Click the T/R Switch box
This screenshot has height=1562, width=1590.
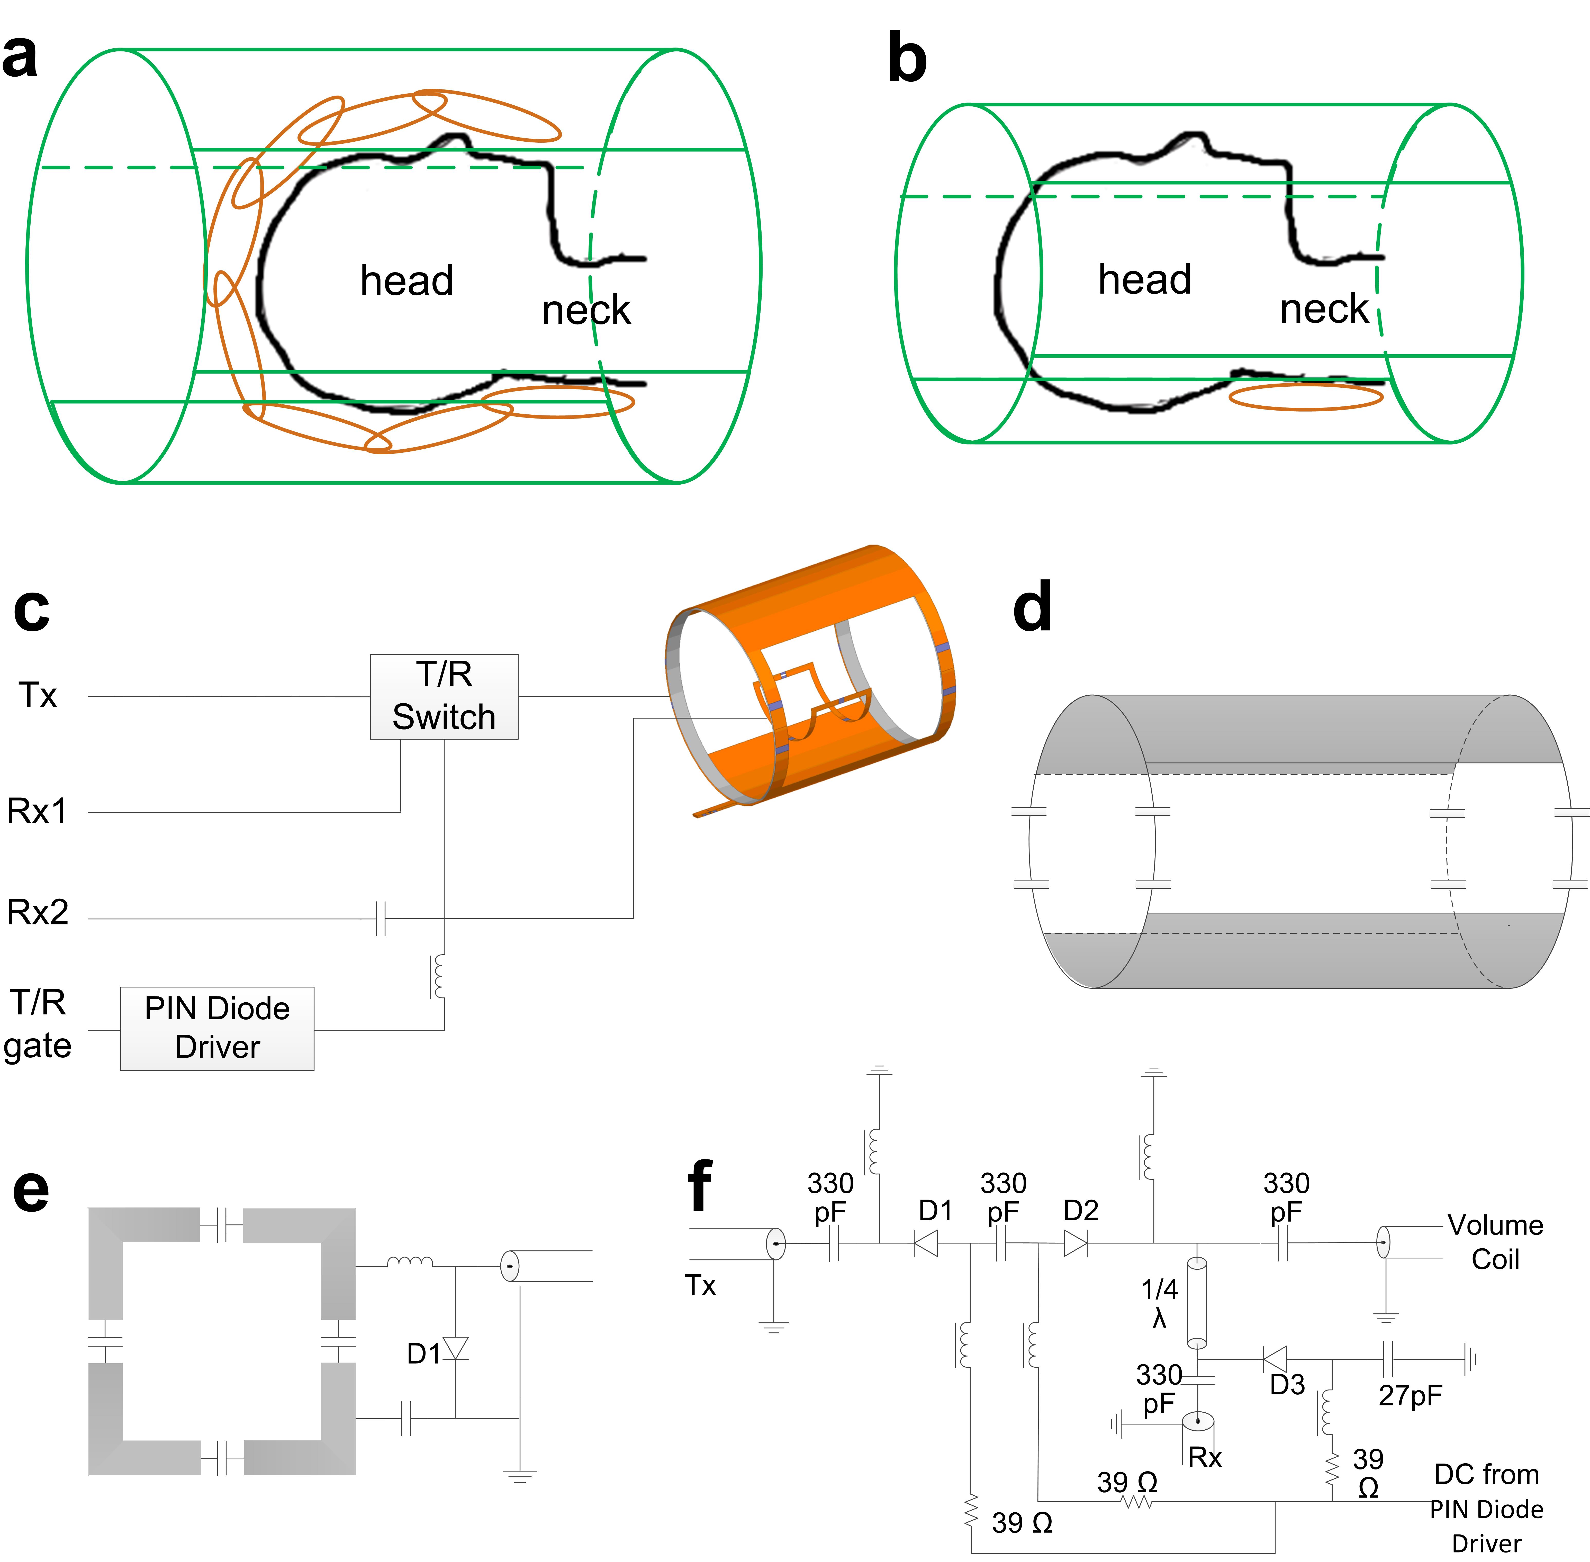(x=444, y=696)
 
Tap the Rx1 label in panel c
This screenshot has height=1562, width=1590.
(x=37, y=811)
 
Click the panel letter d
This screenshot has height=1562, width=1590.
(x=1033, y=608)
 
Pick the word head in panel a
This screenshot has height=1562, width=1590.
(x=407, y=280)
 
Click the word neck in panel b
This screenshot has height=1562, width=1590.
(x=1324, y=309)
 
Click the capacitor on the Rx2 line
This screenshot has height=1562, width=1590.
(x=381, y=919)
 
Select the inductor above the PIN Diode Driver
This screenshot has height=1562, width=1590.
(x=439, y=975)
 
